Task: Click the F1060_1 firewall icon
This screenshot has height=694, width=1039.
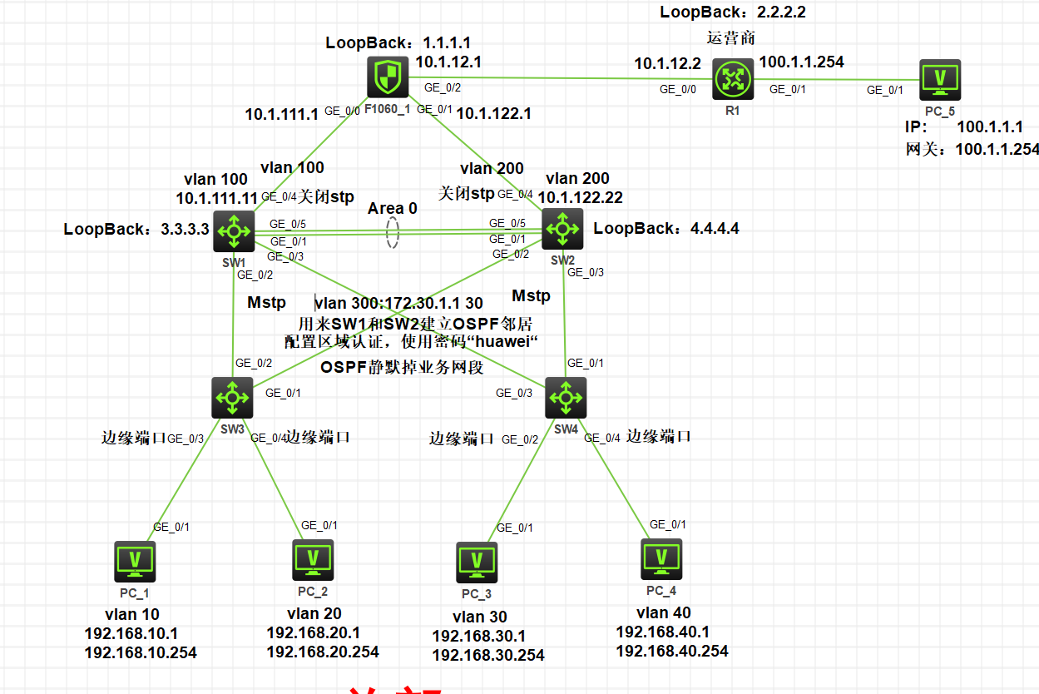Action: point(387,79)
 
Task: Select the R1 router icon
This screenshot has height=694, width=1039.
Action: point(732,79)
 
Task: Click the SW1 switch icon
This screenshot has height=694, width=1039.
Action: point(234,231)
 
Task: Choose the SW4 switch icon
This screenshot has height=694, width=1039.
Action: point(566,397)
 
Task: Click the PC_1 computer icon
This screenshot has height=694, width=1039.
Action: point(135,562)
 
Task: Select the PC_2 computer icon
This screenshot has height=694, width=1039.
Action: point(313,560)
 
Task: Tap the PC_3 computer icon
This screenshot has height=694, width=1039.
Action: point(477,563)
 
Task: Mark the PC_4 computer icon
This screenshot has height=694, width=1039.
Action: point(661,559)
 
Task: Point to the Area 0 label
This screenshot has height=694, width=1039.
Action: point(393,208)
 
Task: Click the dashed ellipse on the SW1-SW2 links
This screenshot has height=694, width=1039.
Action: point(393,234)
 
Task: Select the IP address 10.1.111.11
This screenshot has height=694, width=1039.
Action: point(216,198)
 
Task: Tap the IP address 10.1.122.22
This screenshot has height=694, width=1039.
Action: point(581,197)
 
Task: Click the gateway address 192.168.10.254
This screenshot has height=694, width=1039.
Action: point(141,652)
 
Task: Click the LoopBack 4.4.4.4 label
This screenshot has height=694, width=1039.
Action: point(666,228)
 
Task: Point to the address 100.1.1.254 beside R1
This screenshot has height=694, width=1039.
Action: point(801,62)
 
